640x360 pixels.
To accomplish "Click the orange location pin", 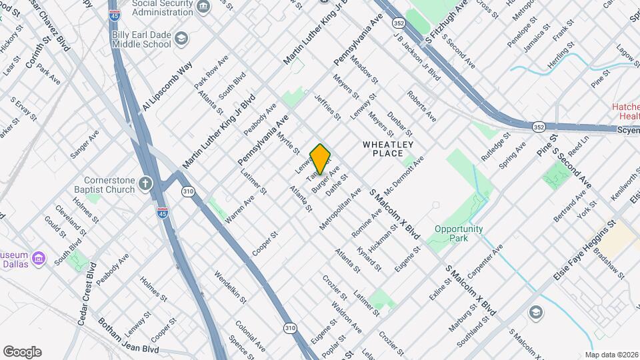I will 321,159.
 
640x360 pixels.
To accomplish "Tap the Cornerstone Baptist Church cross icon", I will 146,183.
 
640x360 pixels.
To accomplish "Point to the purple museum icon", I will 39,257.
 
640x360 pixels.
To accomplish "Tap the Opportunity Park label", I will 459,233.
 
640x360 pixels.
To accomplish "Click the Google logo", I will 22,351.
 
